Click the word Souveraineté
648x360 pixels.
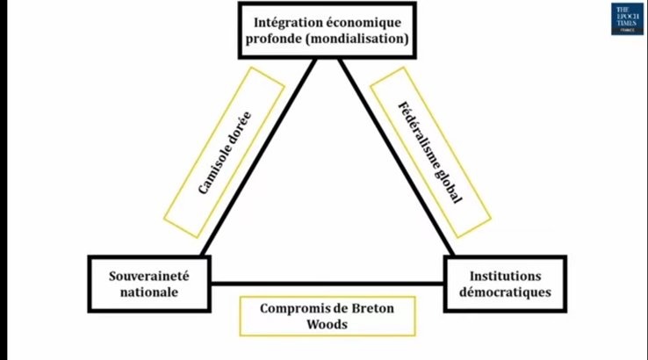pyautogui.click(x=149, y=274)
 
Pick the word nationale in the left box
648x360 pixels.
pyautogui.click(x=149, y=292)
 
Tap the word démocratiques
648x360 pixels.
pyautogui.click(x=505, y=292)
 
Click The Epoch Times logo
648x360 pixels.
pyautogui.click(x=627, y=18)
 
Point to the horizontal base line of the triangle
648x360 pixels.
pyautogui.click(x=327, y=284)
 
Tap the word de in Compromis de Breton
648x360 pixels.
pyautogui.click(x=336, y=308)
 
